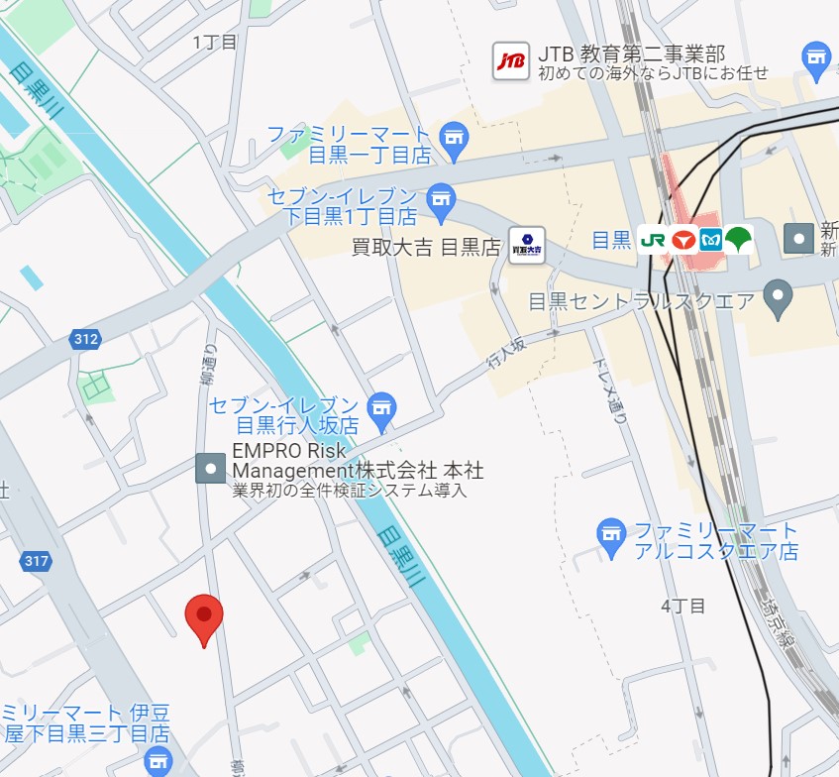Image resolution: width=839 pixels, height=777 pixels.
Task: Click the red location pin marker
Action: (x=204, y=616)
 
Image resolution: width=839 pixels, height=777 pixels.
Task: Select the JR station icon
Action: (x=653, y=239)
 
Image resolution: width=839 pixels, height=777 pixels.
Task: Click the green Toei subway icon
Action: (x=738, y=239)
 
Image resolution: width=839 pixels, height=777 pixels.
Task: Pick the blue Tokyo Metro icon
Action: (x=710, y=239)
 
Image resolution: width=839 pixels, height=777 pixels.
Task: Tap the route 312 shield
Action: (x=86, y=340)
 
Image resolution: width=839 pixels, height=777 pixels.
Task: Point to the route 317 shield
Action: (x=36, y=562)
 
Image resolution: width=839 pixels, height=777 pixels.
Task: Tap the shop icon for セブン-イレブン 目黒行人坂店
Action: (x=381, y=406)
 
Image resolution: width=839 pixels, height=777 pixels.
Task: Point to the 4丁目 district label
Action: (x=683, y=606)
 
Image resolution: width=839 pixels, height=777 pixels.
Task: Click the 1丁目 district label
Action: (x=215, y=42)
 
